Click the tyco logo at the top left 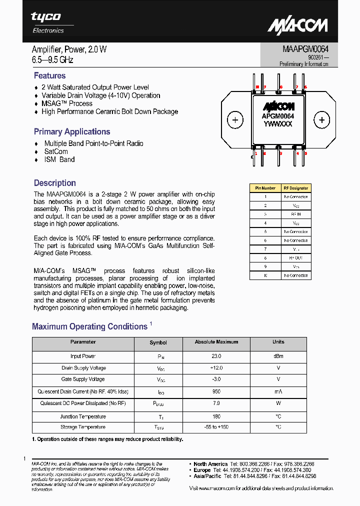[46, 17]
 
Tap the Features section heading [49, 75]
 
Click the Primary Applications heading [72, 131]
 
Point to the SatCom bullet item [56, 151]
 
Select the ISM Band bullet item [59, 159]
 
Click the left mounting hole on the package [234, 120]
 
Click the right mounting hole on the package [321, 120]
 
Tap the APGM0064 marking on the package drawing [278, 116]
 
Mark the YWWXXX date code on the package [278, 124]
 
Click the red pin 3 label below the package [281, 153]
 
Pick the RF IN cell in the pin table [295, 214]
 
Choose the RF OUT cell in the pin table [295, 258]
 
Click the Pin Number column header [265, 188]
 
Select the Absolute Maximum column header [216, 342]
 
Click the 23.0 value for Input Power [216, 356]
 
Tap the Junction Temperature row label [83, 416]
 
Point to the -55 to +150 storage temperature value [216, 427]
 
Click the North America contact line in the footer [254, 464]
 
